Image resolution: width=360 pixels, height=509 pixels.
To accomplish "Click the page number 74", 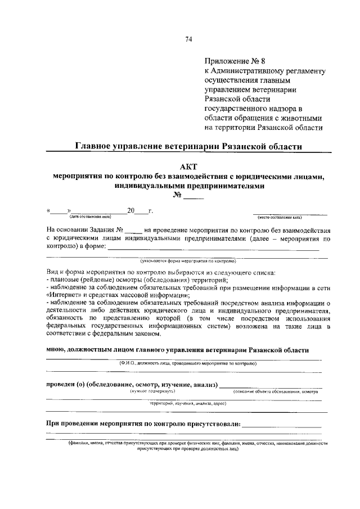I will [x=188, y=39].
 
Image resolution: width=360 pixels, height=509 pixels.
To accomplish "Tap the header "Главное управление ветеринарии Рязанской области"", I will [x=189, y=146].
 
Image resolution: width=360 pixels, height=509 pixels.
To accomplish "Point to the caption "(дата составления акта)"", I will [x=91, y=217].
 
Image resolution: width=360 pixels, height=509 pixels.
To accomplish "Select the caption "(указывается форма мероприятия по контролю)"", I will [x=188, y=261].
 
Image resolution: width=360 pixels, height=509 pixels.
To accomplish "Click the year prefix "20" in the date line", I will [x=132, y=210].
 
